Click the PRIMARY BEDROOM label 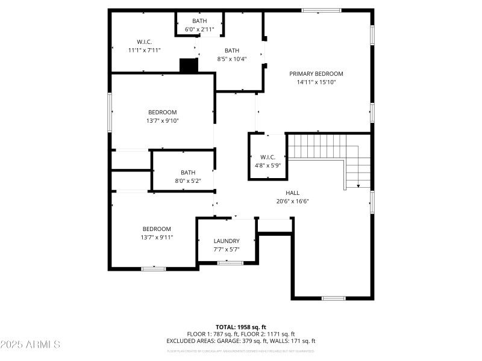click(316, 73)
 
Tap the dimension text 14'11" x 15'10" click(316, 82)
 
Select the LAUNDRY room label click(227, 241)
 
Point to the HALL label click(293, 193)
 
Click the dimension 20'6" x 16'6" click(293, 201)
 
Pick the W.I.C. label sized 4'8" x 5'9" click(268, 157)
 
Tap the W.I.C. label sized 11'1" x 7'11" click(144, 42)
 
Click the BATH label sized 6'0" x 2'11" click(199, 21)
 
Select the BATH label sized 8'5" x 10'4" click(232, 51)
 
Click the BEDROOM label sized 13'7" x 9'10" click(163, 112)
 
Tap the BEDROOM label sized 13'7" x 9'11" click(157, 229)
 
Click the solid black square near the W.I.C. click(189, 66)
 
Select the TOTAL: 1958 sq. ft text click(240, 327)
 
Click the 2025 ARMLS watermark click(30, 345)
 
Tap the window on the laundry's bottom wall click(230, 263)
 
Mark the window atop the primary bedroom click(321, 10)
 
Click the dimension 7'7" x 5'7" click(227, 249)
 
